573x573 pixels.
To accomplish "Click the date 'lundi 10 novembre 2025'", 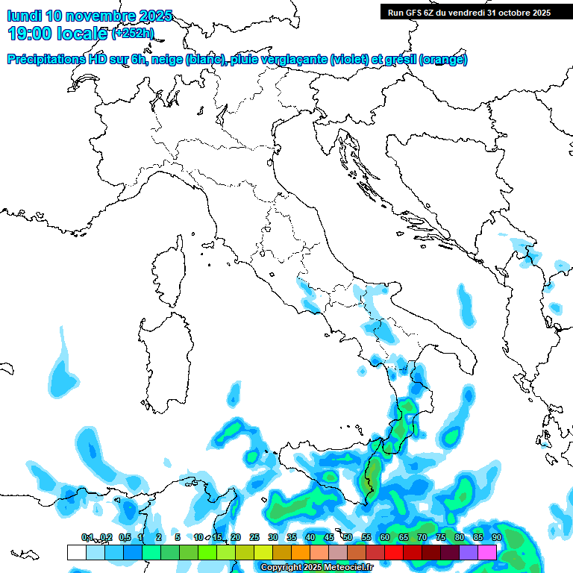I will click(90, 16).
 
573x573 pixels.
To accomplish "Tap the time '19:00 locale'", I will click(56, 34).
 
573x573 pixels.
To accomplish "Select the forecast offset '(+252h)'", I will click(134, 34).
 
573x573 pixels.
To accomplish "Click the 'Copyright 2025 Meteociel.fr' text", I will click(317, 567).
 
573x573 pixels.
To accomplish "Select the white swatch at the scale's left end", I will click(76, 552).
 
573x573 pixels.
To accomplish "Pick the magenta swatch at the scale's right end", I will click(487, 552).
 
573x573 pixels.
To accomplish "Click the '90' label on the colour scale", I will click(496, 537).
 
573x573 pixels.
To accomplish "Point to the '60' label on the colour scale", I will click(385, 537).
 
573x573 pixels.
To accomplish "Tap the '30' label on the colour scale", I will click(273, 537).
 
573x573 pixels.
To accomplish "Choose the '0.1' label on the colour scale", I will click(87, 537).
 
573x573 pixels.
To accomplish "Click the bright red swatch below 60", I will click(394, 552).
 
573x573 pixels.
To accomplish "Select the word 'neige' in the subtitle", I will click(167, 60).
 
